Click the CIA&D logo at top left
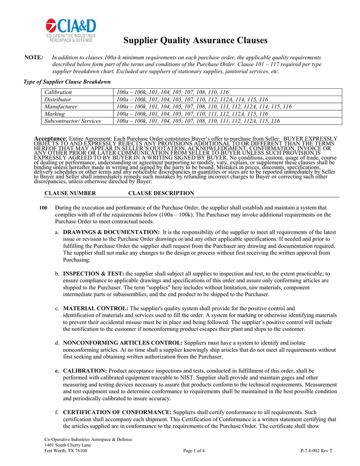click(x=71, y=30)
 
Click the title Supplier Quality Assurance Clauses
click(x=195, y=41)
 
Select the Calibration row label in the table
click(x=58, y=92)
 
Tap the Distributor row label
click(x=57, y=99)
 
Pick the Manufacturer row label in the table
click(x=61, y=106)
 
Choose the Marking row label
click(x=55, y=114)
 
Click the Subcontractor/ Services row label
click(x=72, y=121)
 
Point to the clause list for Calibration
click(x=172, y=92)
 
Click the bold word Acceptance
click(x=51, y=138)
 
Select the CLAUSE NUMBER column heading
click(x=70, y=193)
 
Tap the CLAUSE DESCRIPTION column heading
click(x=161, y=193)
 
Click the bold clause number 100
click(x=43, y=208)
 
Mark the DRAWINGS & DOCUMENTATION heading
click(x=111, y=232)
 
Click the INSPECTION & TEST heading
click(x=93, y=274)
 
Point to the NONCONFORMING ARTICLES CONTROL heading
click(x=123, y=342)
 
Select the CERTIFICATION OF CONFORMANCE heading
click(x=117, y=412)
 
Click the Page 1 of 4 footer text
click(x=193, y=451)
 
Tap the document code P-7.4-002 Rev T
click(x=316, y=451)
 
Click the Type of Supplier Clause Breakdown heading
click(x=67, y=82)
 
